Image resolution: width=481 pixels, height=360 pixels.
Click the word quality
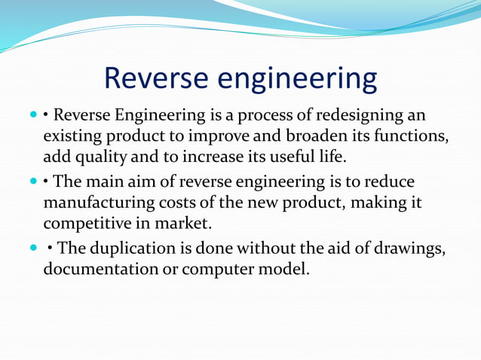click(x=97, y=158)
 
